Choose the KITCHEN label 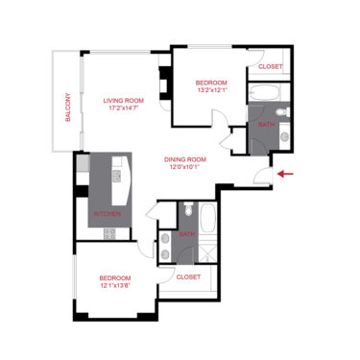pos(106,214)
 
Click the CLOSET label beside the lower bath pos(189,276)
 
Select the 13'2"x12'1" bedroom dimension pos(212,91)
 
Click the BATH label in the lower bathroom pos(187,234)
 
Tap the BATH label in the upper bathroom pos(266,125)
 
